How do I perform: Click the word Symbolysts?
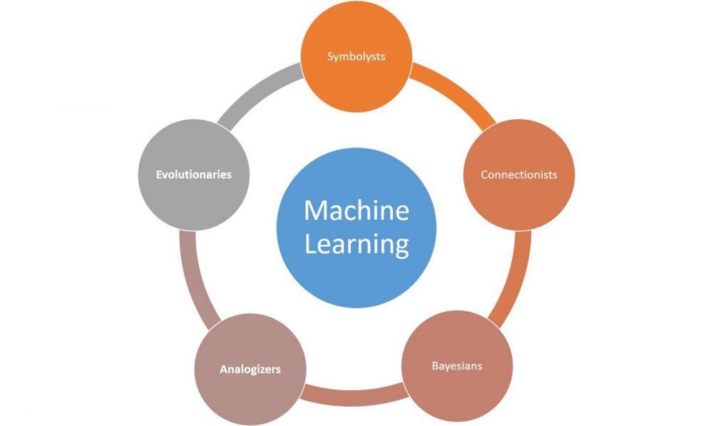[x=356, y=56]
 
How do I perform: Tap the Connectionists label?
[x=519, y=175]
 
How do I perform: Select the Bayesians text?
[x=457, y=366]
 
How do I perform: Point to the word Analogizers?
[x=250, y=369]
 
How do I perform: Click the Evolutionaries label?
[x=194, y=175]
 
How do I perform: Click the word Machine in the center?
[x=356, y=211]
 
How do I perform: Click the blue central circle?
[x=356, y=228]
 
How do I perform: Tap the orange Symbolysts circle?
[x=356, y=56]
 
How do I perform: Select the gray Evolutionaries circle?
[x=194, y=175]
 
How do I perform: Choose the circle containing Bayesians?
[x=457, y=366]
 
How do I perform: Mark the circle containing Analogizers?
[x=250, y=369]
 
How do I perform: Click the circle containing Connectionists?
[x=519, y=175]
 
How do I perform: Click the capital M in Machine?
[x=314, y=211]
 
